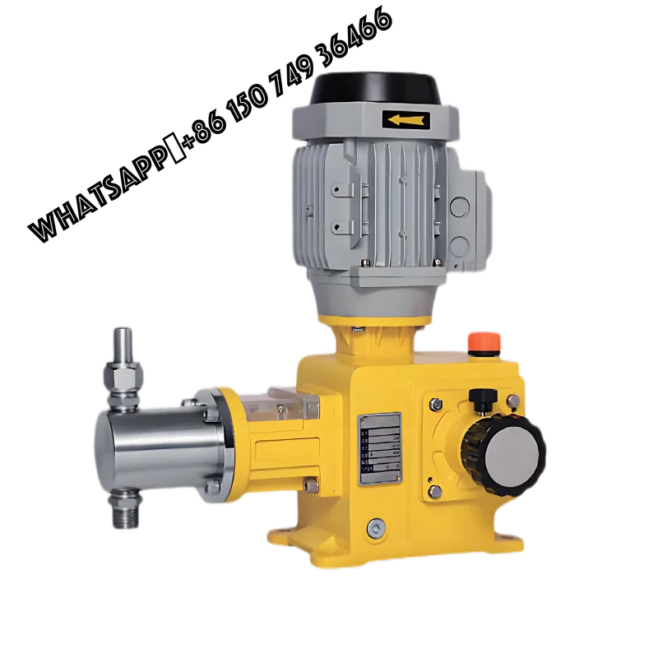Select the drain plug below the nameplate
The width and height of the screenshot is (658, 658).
(376, 526)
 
